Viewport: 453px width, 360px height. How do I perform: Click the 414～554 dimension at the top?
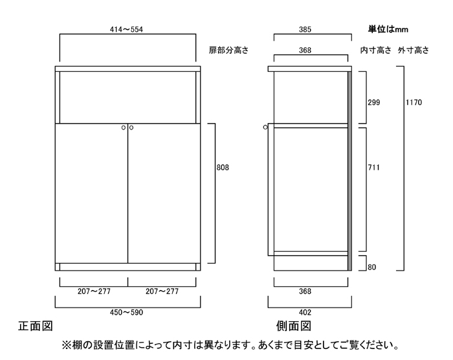[x=126, y=30]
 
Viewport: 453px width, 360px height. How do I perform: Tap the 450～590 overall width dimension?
[x=126, y=313]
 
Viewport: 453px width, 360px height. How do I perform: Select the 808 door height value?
[x=223, y=168]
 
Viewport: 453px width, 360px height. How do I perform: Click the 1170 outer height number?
[x=414, y=102]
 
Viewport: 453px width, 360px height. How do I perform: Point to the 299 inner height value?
[x=374, y=102]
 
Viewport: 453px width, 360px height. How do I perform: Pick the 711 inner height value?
[x=373, y=168]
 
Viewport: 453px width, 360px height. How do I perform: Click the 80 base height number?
[x=372, y=267]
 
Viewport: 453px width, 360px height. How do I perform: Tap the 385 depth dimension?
[x=305, y=30]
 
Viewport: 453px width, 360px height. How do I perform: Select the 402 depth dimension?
[x=305, y=313]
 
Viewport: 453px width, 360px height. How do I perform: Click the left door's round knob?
[x=124, y=128]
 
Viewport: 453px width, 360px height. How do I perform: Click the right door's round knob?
[x=131, y=128]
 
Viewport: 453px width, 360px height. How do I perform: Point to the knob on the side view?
[x=265, y=127]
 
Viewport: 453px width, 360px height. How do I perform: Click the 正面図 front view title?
[x=36, y=326]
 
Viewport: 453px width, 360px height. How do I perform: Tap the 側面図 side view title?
[x=294, y=326]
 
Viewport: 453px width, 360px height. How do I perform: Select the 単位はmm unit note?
[x=388, y=29]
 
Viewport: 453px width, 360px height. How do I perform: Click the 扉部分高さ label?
[x=228, y=51]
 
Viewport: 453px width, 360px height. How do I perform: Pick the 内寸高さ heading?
[x=375, y=51]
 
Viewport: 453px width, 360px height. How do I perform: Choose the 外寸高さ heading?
[x=413, y=51]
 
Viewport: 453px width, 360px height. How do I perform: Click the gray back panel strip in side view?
[x=349, y=171]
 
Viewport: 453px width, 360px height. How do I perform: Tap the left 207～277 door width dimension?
[x=94, y=291]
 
